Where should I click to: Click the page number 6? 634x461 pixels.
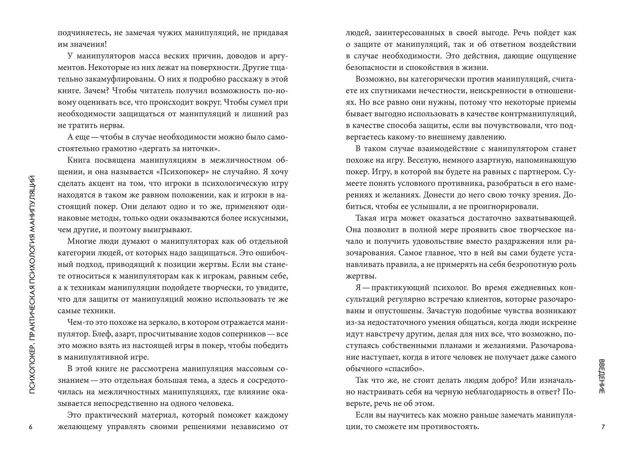(x=31, y=427)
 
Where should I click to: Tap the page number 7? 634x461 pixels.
(x=603, y=427)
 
